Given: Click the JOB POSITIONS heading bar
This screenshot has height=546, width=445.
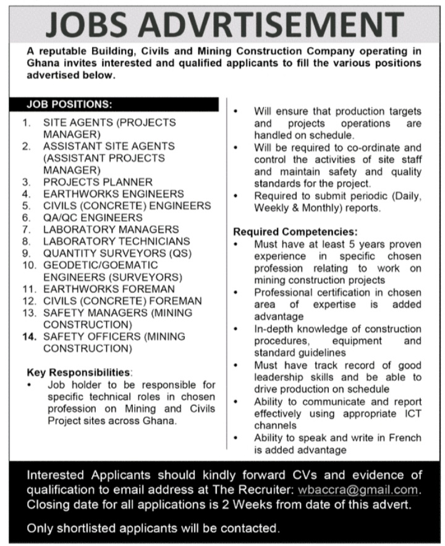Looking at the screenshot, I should (121, 104).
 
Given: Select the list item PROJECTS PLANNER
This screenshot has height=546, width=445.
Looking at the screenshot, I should (98, 182).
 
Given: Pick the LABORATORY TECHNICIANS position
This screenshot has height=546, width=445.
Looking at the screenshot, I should (116, 241).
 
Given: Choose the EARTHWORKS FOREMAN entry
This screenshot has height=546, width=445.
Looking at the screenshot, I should (109, 289).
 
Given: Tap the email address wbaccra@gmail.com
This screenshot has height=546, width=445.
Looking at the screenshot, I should (367, 490).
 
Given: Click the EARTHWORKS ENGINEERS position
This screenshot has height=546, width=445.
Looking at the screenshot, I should (114, 194).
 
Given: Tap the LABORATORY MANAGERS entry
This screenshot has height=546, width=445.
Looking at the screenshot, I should (111, 229).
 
